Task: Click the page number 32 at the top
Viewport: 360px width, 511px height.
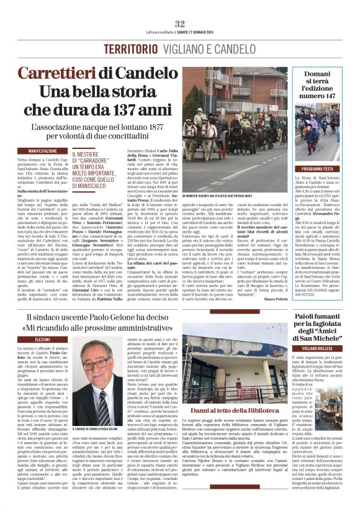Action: [x=180, y=23]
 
